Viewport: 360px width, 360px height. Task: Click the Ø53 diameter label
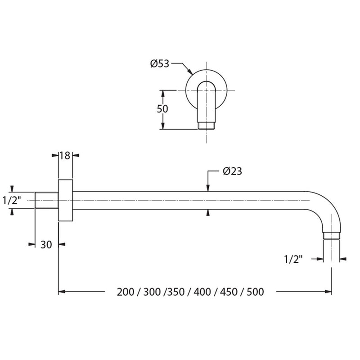(160, 63)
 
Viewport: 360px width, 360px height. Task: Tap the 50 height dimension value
(162, 109)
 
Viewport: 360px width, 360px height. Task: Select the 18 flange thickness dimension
(65, 156)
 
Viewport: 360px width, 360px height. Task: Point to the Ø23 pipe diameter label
(232, 171)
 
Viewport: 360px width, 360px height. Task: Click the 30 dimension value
(46, 245)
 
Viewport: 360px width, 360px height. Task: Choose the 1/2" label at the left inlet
(12, 200)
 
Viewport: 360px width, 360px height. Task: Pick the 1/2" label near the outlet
(293, 260)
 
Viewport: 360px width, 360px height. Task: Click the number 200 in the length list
(126, 292)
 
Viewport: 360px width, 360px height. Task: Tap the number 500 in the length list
(255, 292)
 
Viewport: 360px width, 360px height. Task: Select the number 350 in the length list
(176, 292)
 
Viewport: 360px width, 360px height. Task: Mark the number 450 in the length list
(229, 292)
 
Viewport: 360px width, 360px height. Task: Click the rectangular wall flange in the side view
(65, 200)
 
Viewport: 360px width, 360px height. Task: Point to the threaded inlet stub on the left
(47, 200)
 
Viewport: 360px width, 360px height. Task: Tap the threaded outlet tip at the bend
(331, 236)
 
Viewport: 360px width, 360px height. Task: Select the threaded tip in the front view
(207, 126)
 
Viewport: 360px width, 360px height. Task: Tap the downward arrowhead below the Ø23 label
(208, 188)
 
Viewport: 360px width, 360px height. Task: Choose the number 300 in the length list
(152, 292)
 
